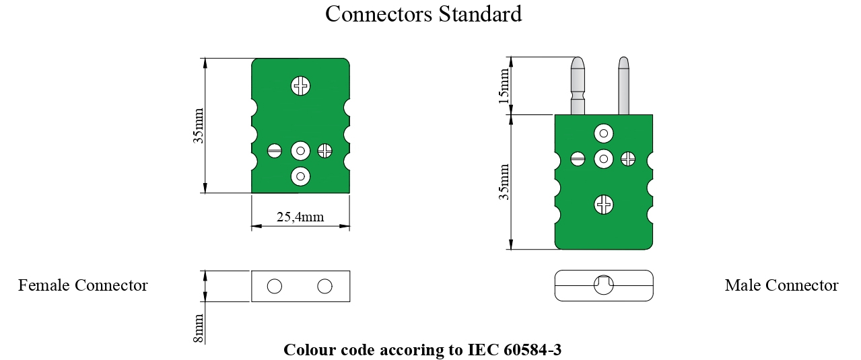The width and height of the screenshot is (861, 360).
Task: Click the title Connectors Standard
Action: pos(423,14)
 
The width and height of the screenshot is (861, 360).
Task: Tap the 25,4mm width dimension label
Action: pos(300,217)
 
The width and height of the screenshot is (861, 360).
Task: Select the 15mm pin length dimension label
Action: pos(504,85)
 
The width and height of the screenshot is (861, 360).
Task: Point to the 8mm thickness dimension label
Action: pos(199,328)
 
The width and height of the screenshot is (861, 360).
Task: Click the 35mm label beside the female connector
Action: pos(199,126)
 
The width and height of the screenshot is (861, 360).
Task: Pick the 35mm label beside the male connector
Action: pos(504,182)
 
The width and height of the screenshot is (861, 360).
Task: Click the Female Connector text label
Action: pos(83,285)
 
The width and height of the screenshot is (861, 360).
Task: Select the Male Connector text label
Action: pos(781,285)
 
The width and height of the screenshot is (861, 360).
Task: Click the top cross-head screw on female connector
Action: pos(301,85)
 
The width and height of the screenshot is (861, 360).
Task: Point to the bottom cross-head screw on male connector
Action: pos(604,204)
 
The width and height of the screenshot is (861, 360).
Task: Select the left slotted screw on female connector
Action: pos(275,151)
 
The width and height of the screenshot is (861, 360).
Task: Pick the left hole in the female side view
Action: pos(274,286)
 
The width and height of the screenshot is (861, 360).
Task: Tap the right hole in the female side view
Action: pos(325,286)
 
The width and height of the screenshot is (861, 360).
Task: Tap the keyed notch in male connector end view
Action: pos(604,285)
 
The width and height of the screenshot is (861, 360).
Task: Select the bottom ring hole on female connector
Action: pos(300,176)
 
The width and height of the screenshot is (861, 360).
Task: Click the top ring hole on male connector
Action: pos(604,133)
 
